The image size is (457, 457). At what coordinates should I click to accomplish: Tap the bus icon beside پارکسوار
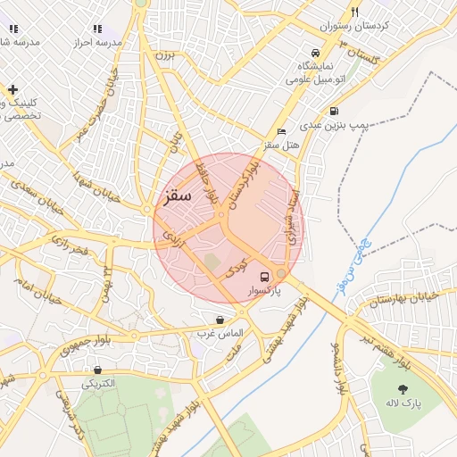[264, 276]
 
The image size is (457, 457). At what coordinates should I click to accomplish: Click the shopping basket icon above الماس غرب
[220, 320]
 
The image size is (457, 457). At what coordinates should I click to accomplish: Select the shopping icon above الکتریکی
[97, 370]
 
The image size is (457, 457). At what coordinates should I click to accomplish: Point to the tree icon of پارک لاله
[404, 389]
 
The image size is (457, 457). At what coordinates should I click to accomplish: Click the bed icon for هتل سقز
[282, 131]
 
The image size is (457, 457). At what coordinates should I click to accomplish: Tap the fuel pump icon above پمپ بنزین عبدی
[334, 112]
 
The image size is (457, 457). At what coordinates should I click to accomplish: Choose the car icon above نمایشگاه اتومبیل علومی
[314, 52]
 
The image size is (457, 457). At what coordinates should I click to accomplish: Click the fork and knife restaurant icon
[354, 12]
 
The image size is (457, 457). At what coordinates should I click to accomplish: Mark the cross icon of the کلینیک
[12, 89]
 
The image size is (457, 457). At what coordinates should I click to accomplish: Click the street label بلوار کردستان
[244, 185]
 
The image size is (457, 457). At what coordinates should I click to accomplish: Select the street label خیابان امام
[36, 288]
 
